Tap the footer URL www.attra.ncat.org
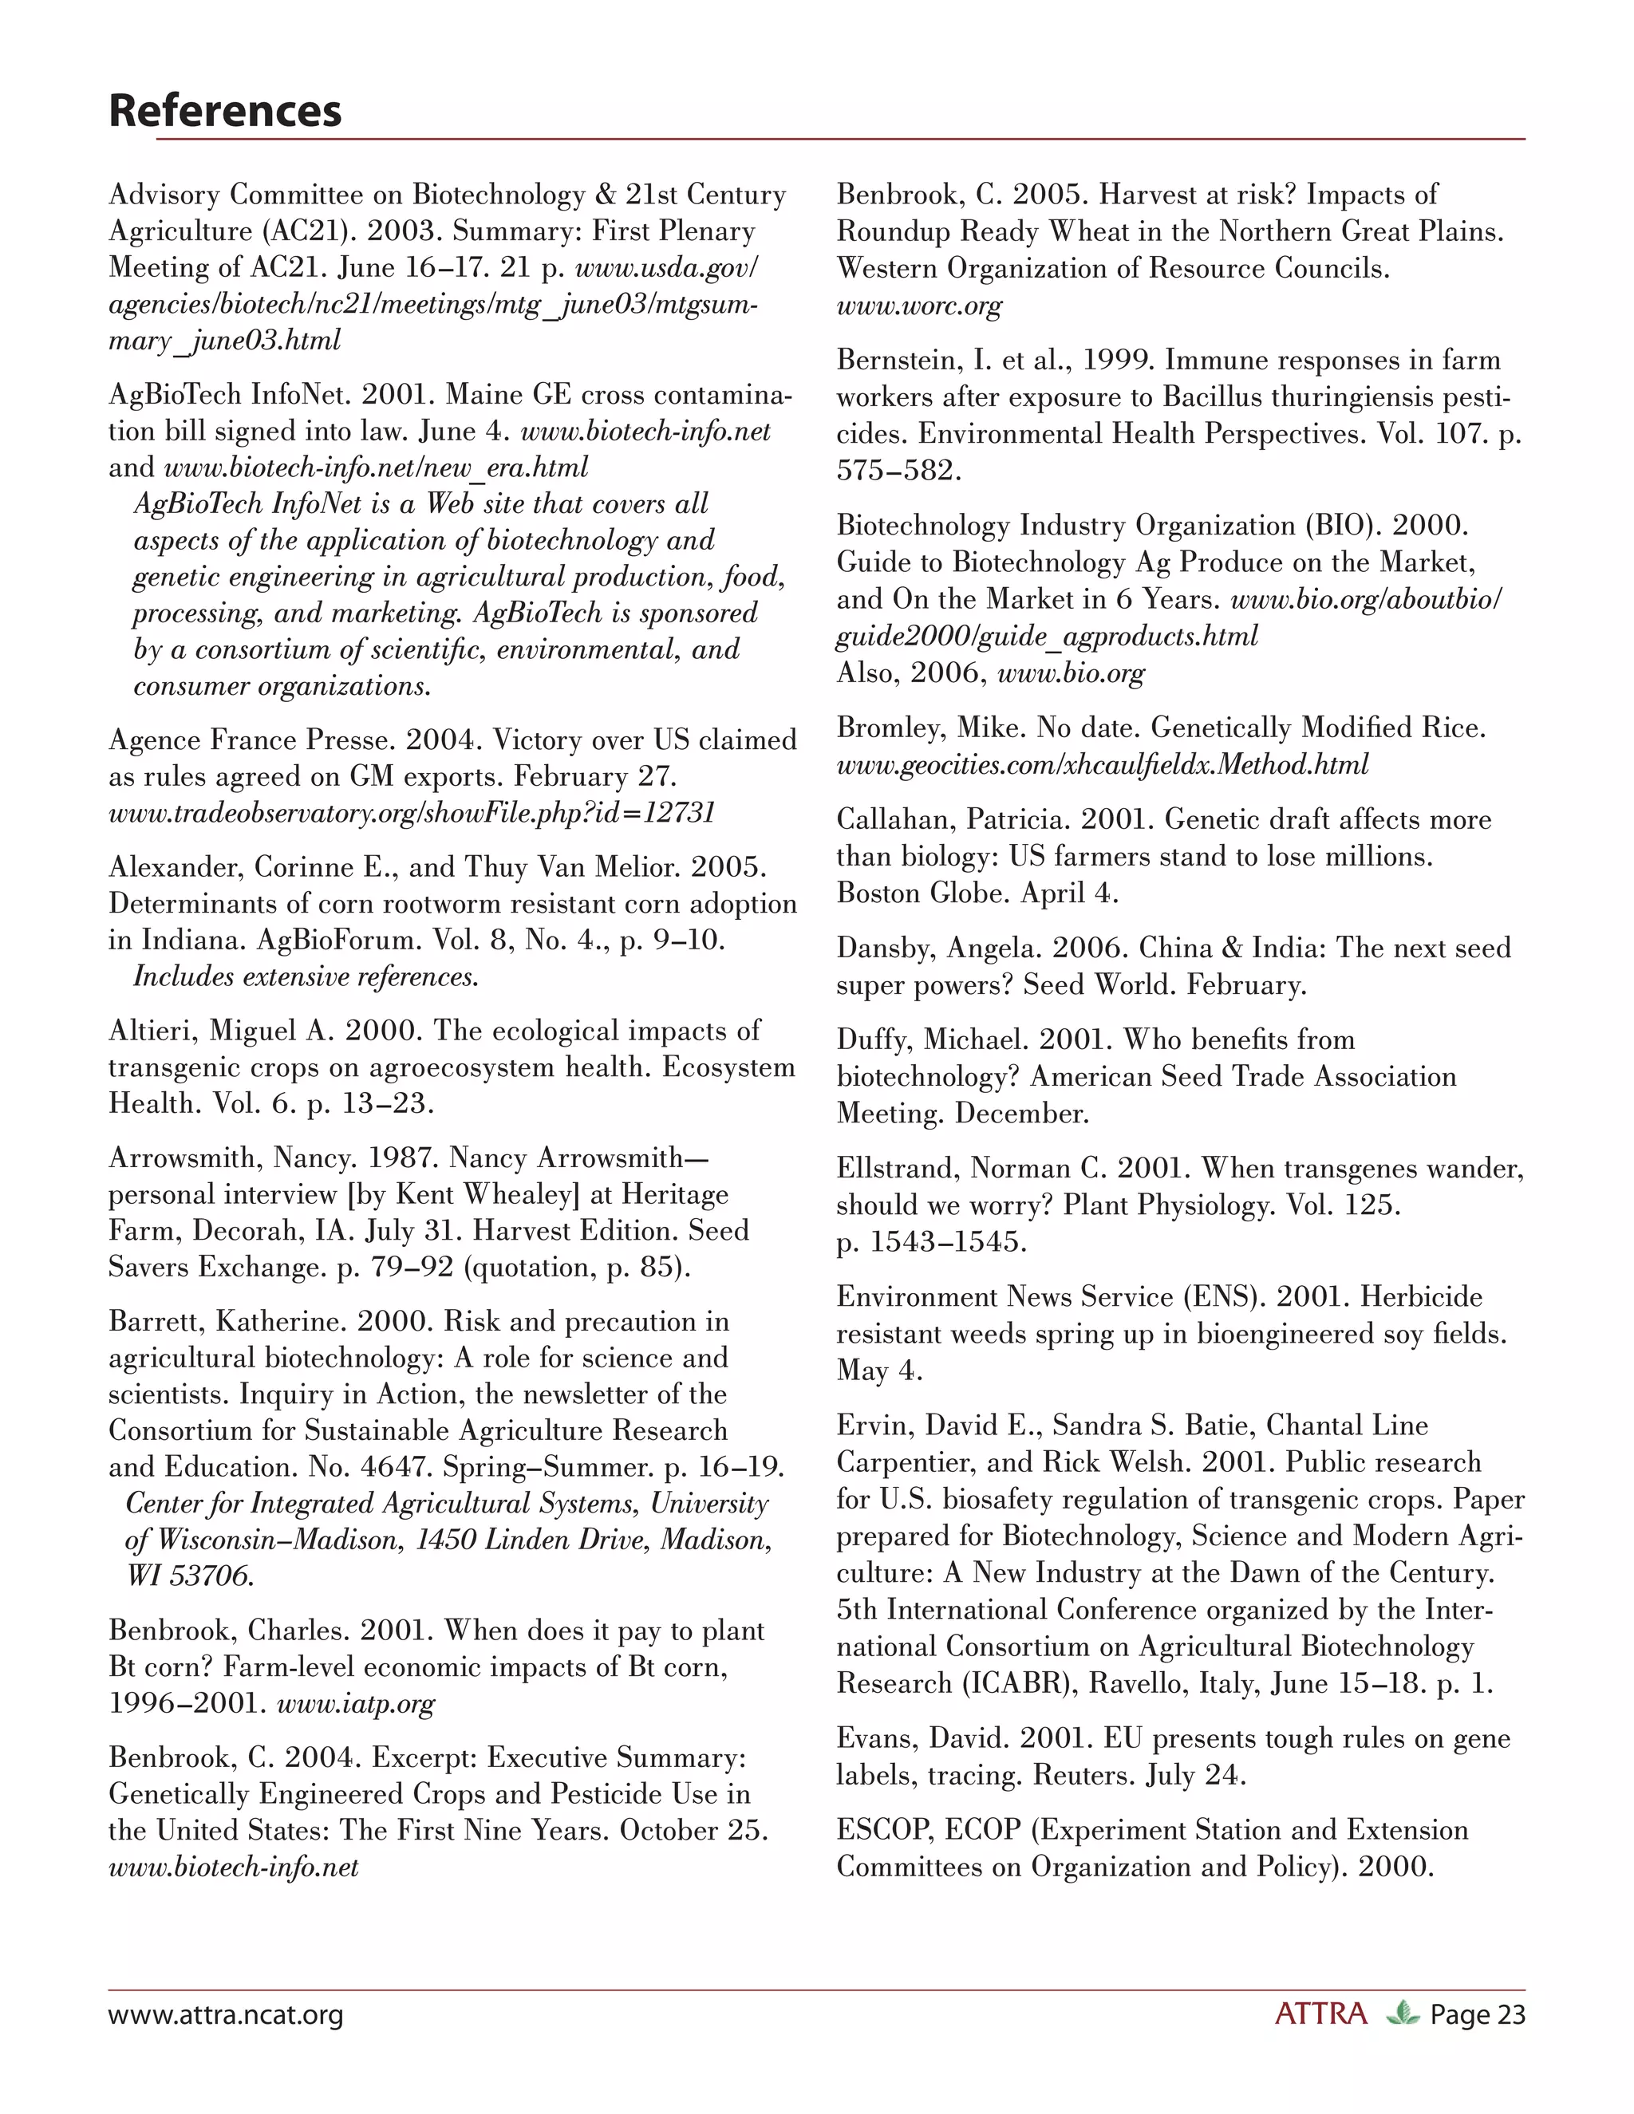pyautogui.click(x=226, y=2015)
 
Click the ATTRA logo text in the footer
pyautogui.click(x=1320, y=2014)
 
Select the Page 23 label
pyautogui.click(x=1477, y=2015)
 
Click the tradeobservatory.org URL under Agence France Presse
pyautogui.click(x=412, y=813)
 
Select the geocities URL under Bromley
pyautogui.click(x=1102, y=765)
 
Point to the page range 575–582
pyautogui.click(x=899, y=471)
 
